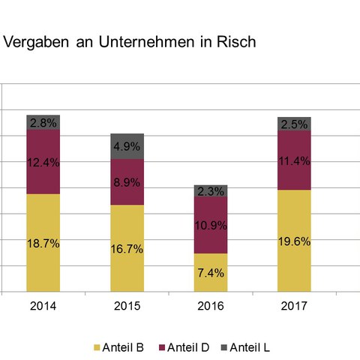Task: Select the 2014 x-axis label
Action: click(43, 306)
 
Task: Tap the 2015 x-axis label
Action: click(127, 306)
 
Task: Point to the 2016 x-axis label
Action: click(211, 306)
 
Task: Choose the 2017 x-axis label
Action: click(294, 306)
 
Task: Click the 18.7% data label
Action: click(43, 245)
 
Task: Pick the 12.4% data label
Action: click(43, 162)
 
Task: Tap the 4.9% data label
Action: click(127, 147)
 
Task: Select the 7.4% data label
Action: click(211, 273)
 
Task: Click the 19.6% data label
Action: click(294, 241)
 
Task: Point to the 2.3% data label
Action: click(211, 192)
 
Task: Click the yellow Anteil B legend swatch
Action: click(95, 347)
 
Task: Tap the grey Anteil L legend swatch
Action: click(222, 347)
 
